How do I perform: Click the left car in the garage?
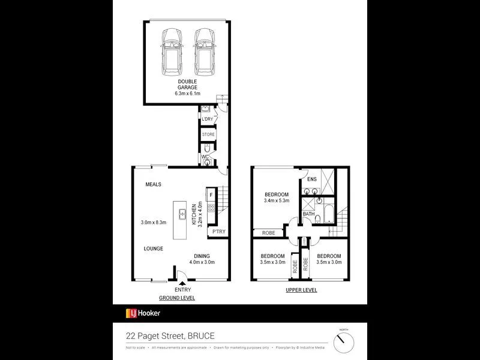click(x=172, y=49)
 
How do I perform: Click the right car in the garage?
click(x=203, y=49)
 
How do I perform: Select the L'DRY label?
click(x=207, y=119)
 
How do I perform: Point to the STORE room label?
click(x=208, y=134)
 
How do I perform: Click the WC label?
click(x=205, y=157)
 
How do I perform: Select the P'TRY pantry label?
click(x=219, y=232)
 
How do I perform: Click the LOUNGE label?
click(x=154, y=248)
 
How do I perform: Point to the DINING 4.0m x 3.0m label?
click(x=202, y=259)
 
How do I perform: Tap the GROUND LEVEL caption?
click(x=176, y=298)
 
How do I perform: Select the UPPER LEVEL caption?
click(x=301, y=290)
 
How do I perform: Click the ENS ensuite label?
click(x=311, y=179)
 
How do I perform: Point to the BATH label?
click(x=308, y=214)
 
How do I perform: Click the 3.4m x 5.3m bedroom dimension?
click(x=276, y=201)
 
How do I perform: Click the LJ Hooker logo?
click(x=143, y=313)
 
